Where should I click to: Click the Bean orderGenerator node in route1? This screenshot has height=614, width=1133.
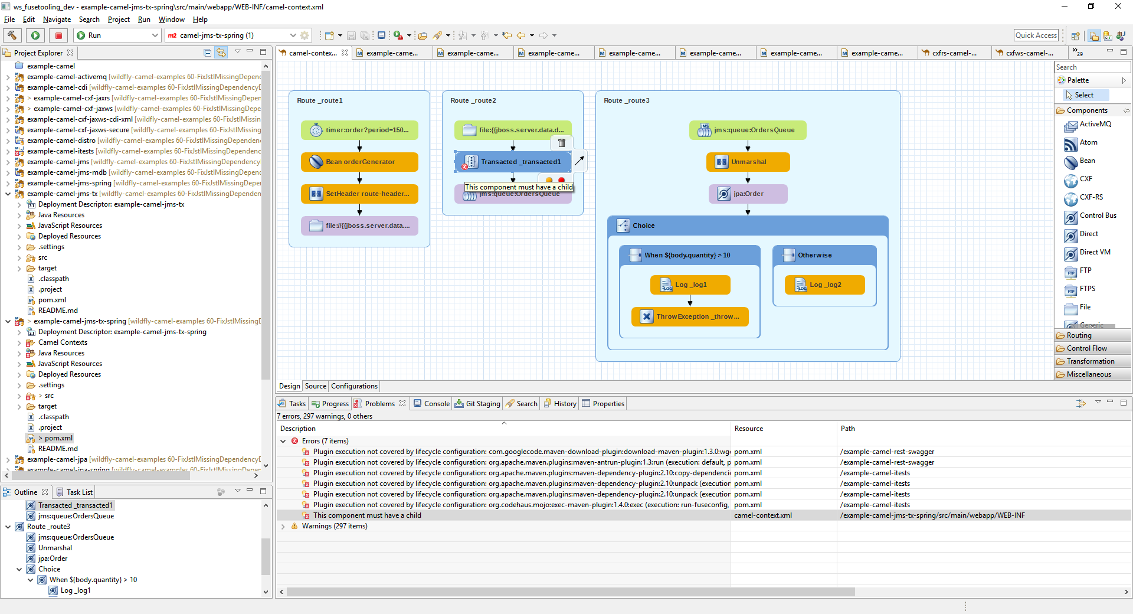click(359, 162)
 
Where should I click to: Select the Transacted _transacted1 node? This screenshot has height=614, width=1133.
click(513, 162)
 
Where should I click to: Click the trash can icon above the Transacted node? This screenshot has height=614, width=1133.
click(562, 143)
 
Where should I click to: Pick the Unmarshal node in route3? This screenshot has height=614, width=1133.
click(748, 162)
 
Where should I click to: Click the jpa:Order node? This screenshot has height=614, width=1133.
click(748, 194)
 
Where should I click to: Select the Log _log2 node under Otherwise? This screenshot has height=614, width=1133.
click(824, 285)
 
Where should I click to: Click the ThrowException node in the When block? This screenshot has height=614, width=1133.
click(690, 316)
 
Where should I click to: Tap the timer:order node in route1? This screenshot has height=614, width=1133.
click(359, 130)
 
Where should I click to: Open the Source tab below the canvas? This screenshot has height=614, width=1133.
click(316, 386)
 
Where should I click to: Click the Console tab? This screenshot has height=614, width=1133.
click(436, 404)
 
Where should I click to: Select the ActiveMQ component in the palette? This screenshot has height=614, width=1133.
click(1095, 124)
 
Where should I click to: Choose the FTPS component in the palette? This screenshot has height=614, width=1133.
click(1087, 289)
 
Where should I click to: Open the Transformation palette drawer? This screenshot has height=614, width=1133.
click(1090, 361)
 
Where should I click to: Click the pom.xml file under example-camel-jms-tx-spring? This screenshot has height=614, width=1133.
click(58, 438)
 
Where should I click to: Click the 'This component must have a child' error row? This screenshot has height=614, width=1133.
click(367, 515)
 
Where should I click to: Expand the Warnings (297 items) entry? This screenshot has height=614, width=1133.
click(283, 526)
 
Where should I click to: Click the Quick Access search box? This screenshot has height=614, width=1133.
click(1036, 35)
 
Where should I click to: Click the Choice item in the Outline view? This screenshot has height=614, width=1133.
click(49, 569)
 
